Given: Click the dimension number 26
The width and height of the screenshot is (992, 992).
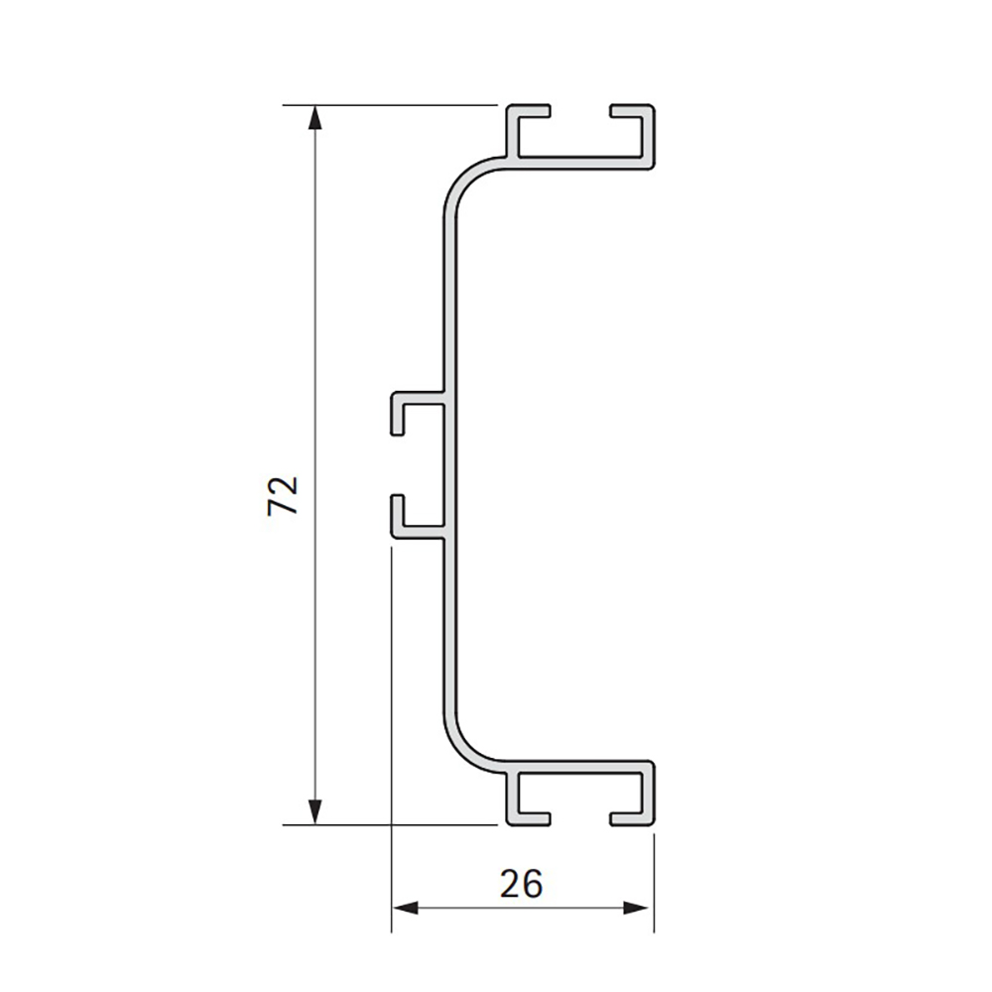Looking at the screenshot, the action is pyautogui.click(x=522, y=884).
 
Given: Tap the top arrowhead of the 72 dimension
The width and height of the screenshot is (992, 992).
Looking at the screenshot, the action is pyautogui.click(x=313, y=118).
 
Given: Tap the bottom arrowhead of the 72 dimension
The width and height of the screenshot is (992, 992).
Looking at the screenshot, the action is pyautogui.click(x=313, y=811).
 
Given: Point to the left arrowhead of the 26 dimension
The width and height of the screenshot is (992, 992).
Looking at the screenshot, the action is pyautogui.click(x=405, y=909).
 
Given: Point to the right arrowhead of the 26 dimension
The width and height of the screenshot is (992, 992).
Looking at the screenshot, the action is pyautogui.click(x=636, y=909).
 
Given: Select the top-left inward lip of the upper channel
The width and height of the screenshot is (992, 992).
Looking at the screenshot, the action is pyautogui.click(x=529, y=111).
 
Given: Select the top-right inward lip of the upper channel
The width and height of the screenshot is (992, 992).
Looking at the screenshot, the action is pyautogui.click(x=631, y=111).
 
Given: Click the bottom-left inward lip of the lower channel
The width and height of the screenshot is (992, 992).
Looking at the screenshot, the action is pyautogui.click(x=529, y=819).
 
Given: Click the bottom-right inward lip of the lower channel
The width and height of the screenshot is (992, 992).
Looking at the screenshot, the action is pyautogui.click(x=631, y=819).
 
